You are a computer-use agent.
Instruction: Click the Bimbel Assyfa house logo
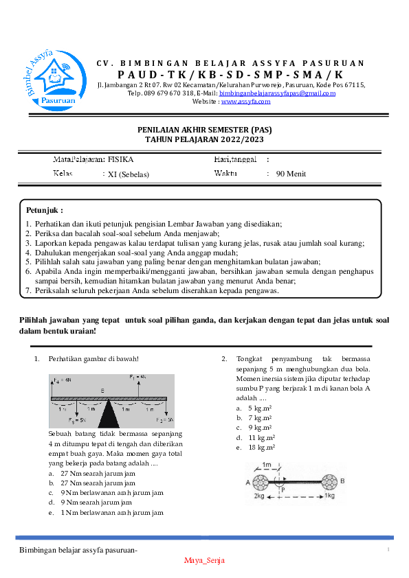49,77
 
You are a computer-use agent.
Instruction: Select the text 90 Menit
291,174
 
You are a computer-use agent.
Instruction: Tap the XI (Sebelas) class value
129,174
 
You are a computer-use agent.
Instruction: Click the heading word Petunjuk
44,209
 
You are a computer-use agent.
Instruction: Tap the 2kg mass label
259,495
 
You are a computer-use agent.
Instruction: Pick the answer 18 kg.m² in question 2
261,447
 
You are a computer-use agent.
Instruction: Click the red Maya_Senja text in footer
204,560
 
